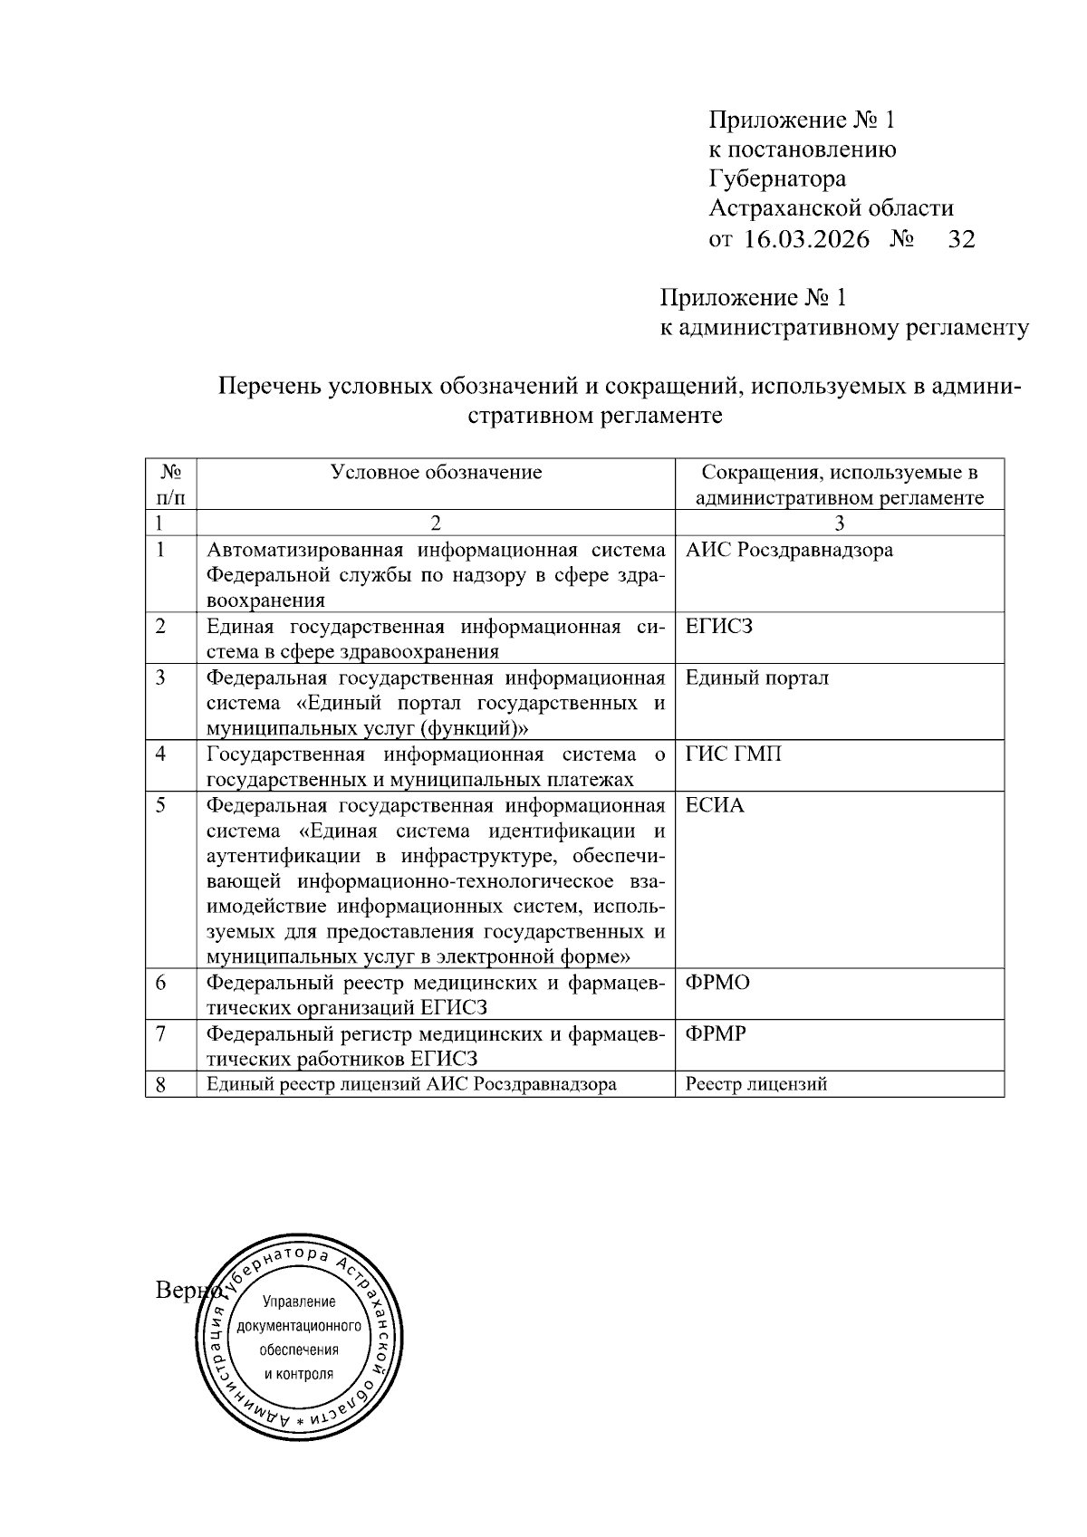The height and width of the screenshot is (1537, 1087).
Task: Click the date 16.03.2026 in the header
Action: (x=806, y=240)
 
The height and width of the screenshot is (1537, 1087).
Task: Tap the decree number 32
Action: (x=960, y=240)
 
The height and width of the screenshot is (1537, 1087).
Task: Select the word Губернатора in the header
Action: (x=776, y=179)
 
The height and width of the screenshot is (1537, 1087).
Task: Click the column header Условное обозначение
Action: (x=436, y=472)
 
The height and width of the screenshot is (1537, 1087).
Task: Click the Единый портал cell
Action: (x=757, y=677)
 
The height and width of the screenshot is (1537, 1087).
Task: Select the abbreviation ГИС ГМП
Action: (x=733, y=754)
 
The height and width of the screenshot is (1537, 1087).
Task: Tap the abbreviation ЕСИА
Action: (x=715, y=805)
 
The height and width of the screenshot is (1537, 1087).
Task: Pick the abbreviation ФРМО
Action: (x=717, y=983)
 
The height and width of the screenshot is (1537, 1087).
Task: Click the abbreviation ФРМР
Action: (x=716, y=1033)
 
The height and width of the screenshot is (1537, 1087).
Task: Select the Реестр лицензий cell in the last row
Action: (x=756, y=1084)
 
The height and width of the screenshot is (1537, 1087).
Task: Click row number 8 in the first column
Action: (x=160, y=1085)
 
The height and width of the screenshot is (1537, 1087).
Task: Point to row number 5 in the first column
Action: (x=160, y=805)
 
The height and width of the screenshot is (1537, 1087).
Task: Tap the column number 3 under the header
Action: (x=839, y=523)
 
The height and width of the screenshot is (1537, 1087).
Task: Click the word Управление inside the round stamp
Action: (x=299, y=1302)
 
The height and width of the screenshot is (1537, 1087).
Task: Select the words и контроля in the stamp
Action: (x=299, y=1373)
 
